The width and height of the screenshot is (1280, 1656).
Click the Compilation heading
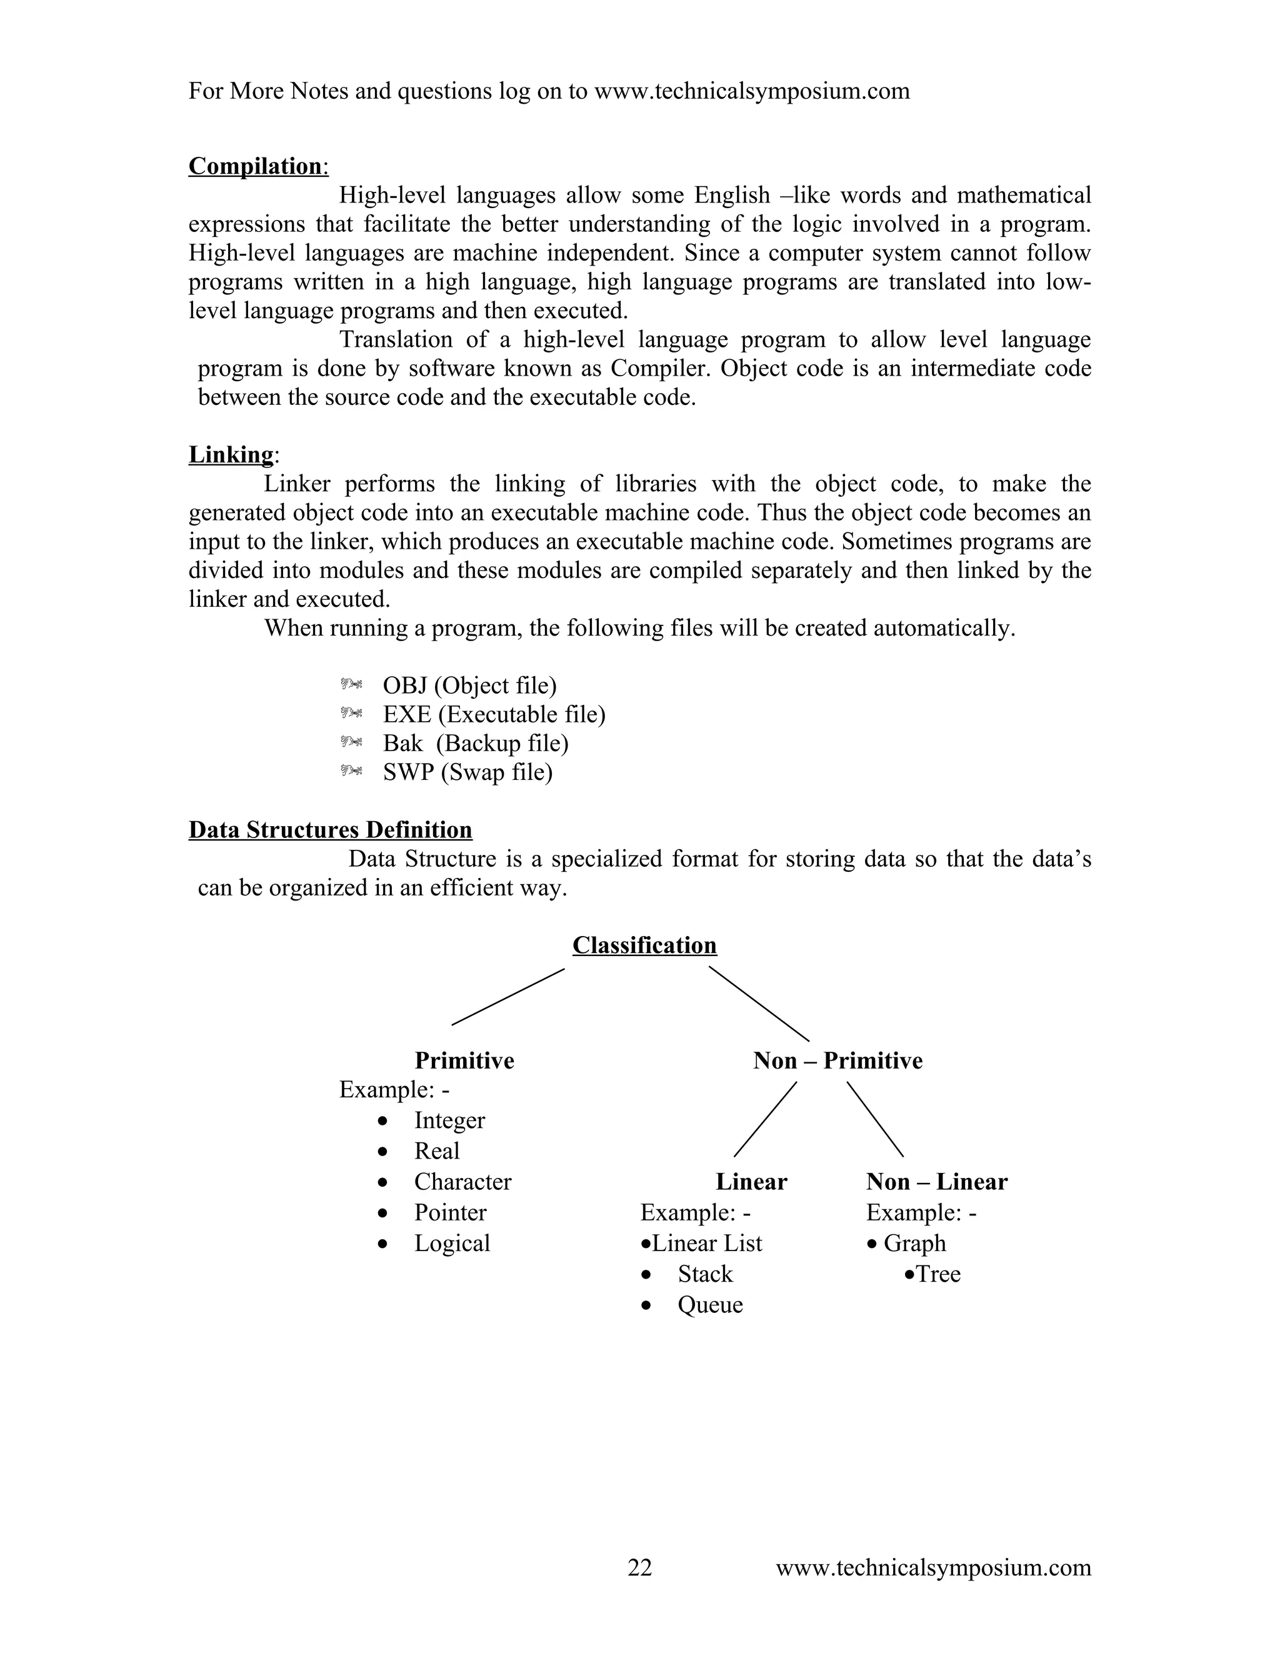[255, 166]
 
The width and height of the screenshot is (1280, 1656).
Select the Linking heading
[231, 454]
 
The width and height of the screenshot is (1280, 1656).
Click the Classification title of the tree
[644, 945]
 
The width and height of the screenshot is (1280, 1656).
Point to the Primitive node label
[464, 1060]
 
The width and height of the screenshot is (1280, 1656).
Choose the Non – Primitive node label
[837, 1060]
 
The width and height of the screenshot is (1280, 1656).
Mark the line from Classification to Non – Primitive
[758, 1003]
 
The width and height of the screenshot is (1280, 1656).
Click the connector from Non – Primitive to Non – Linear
[875, 1119]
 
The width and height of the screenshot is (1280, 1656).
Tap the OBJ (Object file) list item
[469, 686]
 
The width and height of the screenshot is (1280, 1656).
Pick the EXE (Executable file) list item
[494, 714]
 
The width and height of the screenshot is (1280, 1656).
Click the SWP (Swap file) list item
[467, 772]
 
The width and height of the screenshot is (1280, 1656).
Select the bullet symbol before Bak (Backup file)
[351, 742]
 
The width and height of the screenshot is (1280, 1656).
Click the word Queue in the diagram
[710, 1304]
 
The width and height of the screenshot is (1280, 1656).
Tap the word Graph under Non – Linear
[914, 1243]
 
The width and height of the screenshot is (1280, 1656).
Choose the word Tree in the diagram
[938, 1274]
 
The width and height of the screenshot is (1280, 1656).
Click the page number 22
[640, 1567]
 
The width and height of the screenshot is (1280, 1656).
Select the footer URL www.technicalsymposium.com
[932, 1567]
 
